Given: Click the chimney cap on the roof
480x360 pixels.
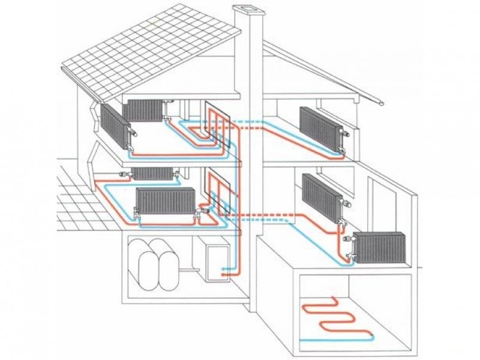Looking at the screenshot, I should click(x=247, y=8).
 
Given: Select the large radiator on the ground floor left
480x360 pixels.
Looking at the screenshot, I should click(x=166, y=200).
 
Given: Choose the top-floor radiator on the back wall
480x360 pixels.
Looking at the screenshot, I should click(x=143, y=109).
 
